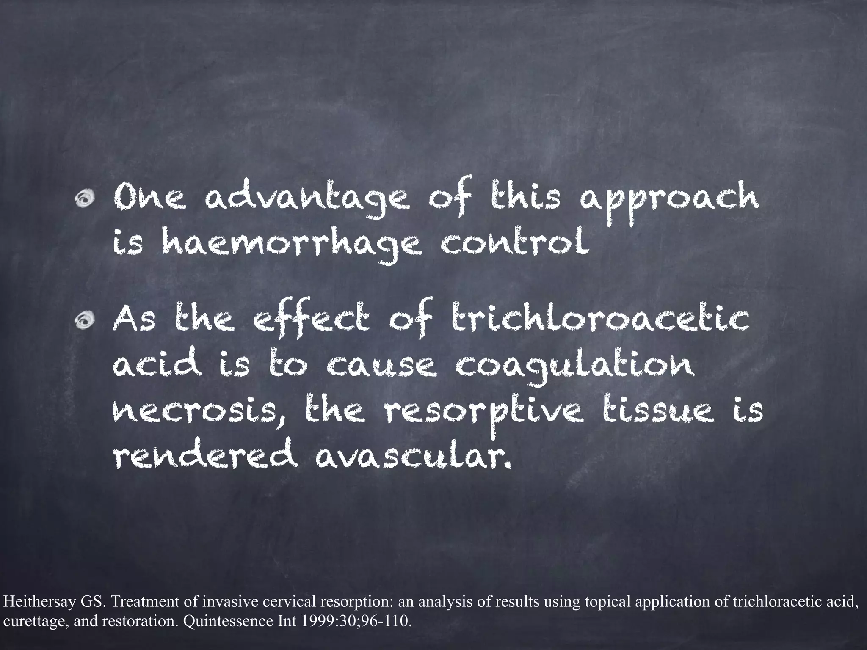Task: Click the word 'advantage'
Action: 306,200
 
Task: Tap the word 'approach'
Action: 668,200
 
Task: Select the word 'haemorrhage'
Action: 292,245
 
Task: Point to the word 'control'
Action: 514,244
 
